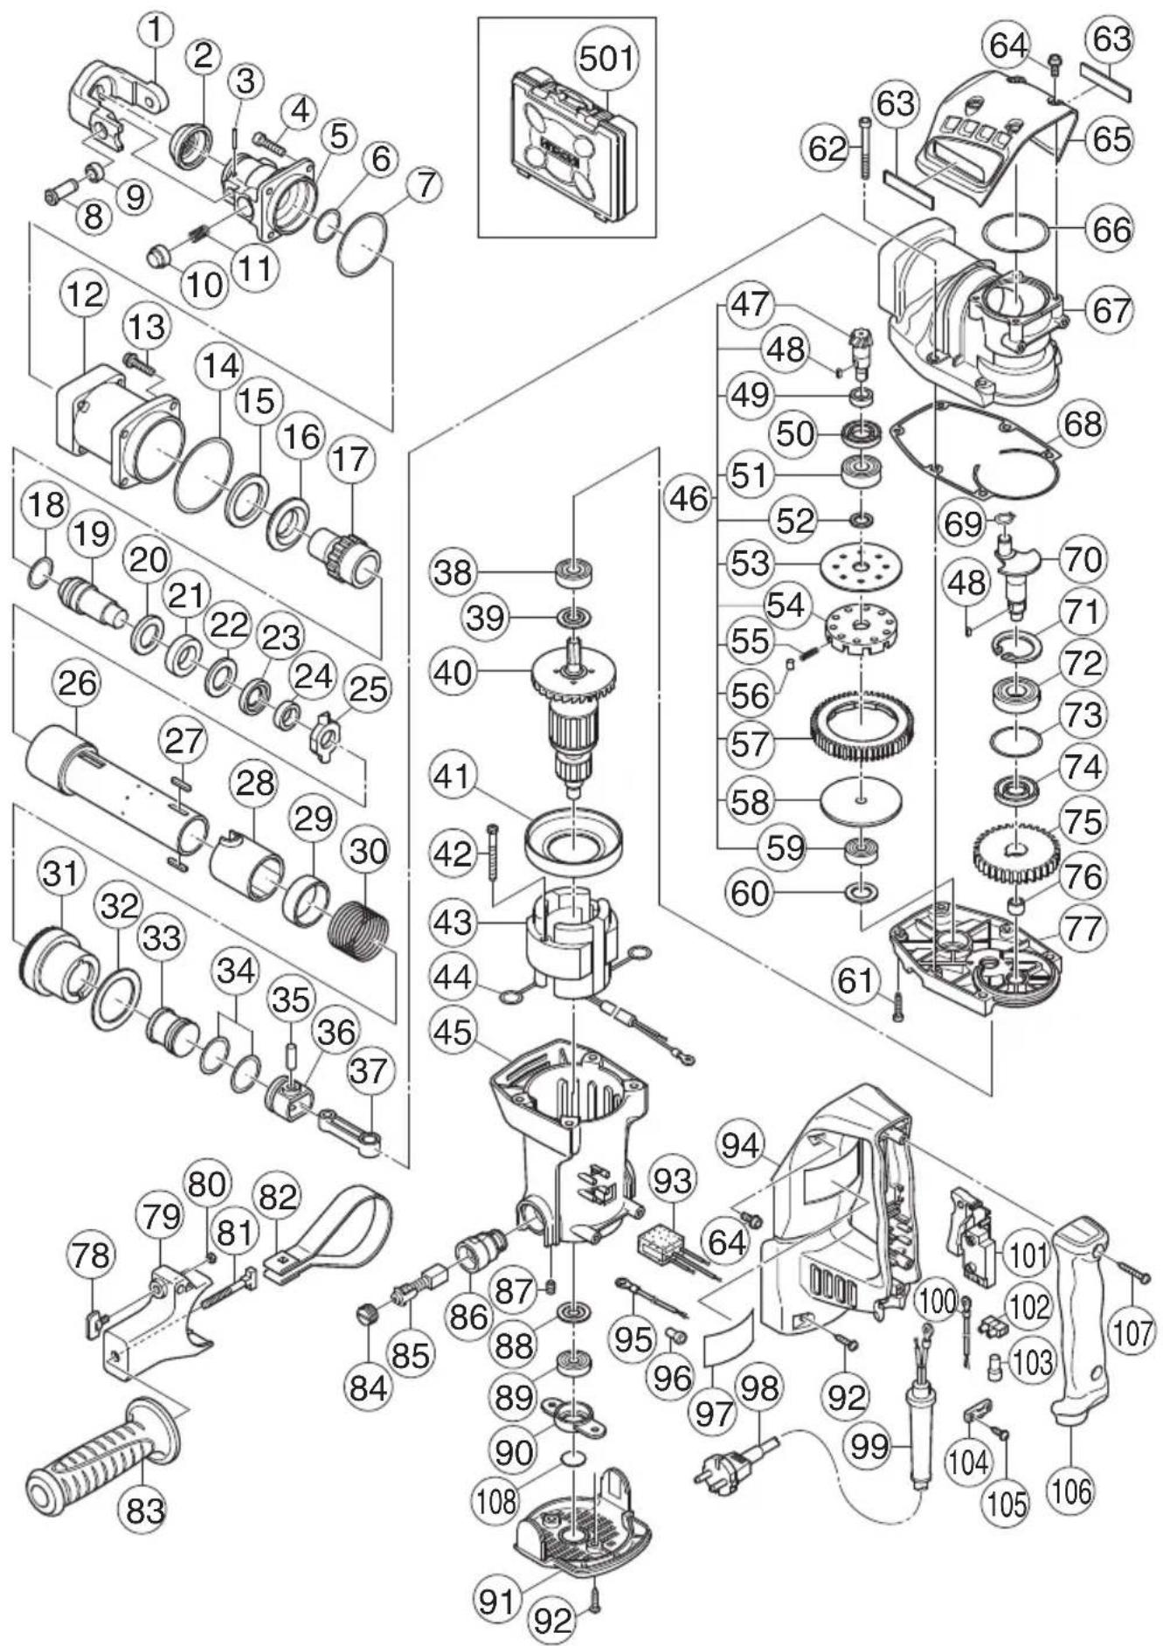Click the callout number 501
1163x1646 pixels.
[x=607, y=59]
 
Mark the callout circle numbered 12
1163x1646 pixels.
[x=85, y=294]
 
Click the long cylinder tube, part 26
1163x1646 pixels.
[x=116, y=787]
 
